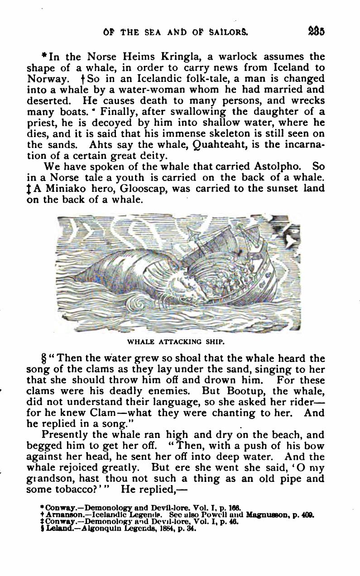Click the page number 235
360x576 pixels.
click(x=316, y=32)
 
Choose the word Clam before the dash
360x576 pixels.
click(x=103, y=413)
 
